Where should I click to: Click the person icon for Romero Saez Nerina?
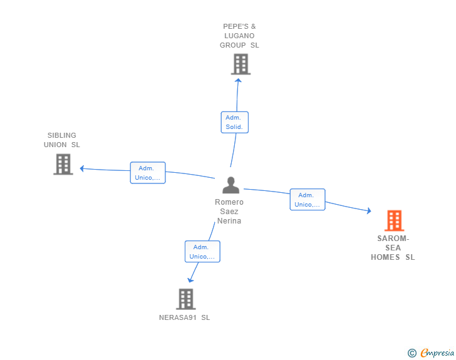pyautogui.click(x=231, y=185)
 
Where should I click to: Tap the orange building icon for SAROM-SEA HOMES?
pyautogui.click(x=395, y=220)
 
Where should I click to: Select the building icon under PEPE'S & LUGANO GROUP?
pyautogui.click(x=241, y=64)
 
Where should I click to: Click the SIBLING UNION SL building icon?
pyautogui.click(x=63, y=164)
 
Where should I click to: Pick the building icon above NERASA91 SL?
pyautogui.click(x=186, y=299)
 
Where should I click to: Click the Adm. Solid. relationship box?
pyautogui.click(x=235, y=122)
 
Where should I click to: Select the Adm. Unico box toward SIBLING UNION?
pyautogui.click(x=148, y=173)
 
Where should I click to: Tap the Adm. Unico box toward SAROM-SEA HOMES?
pyautogui.click(x=308, y=200)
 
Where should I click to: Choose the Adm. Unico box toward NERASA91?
pyautogui.click(x=202, y=252)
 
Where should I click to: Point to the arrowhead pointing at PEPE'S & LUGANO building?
pyautogui.click(x=238, y=81)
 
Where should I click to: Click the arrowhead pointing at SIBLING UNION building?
pyautogui.click(x=82, y=168)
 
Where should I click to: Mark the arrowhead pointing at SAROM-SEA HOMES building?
pyautogui.click(x=369, y=211)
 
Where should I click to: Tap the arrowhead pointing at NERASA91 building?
pyautogui.click(x=190, y=280)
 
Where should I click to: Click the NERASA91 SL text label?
pyautogui.click(x=184, y=317)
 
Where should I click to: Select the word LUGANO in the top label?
pyautogui.click(x=239, y=36)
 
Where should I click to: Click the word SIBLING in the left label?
pyautogui.click(x=61, y=135)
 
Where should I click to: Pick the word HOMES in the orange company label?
pyautogui.click(x=385, y=257)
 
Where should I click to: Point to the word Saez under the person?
pyautogui.click(x=229, y=212)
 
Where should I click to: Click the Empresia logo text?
pyautogui.click(x=437, y=353)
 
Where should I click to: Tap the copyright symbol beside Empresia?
pyautogui.click(x=412, y=353)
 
